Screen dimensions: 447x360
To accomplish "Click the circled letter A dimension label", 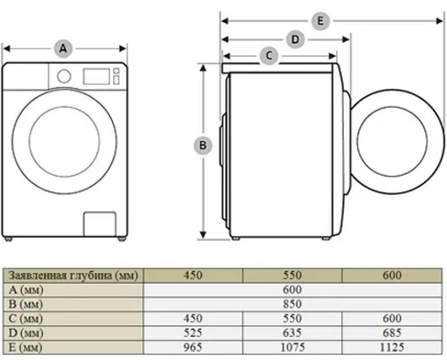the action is click(63, 48).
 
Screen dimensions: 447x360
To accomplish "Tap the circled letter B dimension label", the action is click(203, 145).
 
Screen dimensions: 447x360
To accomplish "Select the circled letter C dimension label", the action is click(269, 56).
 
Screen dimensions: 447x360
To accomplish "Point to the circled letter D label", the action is click(295, 39).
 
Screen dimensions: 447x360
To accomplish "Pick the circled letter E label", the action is click(320, 21).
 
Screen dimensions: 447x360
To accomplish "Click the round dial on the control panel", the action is click(64, 76).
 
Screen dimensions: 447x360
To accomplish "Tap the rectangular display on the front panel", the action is click(96, 77).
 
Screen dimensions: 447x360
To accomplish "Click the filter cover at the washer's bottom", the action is click(100, 224).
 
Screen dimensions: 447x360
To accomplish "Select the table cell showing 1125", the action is click(392, 347).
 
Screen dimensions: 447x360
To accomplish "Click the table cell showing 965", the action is click(193, 347).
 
